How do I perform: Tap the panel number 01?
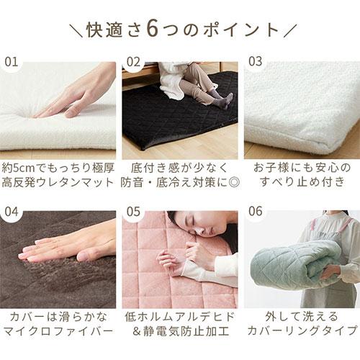coord(12,61)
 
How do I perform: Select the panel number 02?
coord(134,61)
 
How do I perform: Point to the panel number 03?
coord(256,61)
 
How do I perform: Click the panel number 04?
coord(12,214)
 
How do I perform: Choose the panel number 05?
coord(134,214)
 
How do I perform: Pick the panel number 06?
coord(256,214)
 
